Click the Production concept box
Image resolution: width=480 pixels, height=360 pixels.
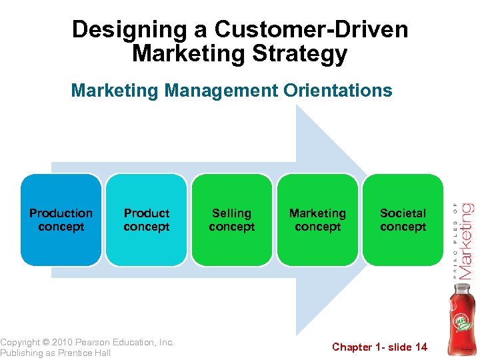coord(61,220)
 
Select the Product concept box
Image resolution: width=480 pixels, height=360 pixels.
coord(146,220)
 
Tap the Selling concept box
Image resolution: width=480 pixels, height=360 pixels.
coord(231,220)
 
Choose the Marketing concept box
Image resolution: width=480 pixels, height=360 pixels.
coord(317,220)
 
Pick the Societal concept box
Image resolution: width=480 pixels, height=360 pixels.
coord(403,220)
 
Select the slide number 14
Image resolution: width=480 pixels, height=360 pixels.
coord(421,347)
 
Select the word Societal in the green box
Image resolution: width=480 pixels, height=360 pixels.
coord(403,213)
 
